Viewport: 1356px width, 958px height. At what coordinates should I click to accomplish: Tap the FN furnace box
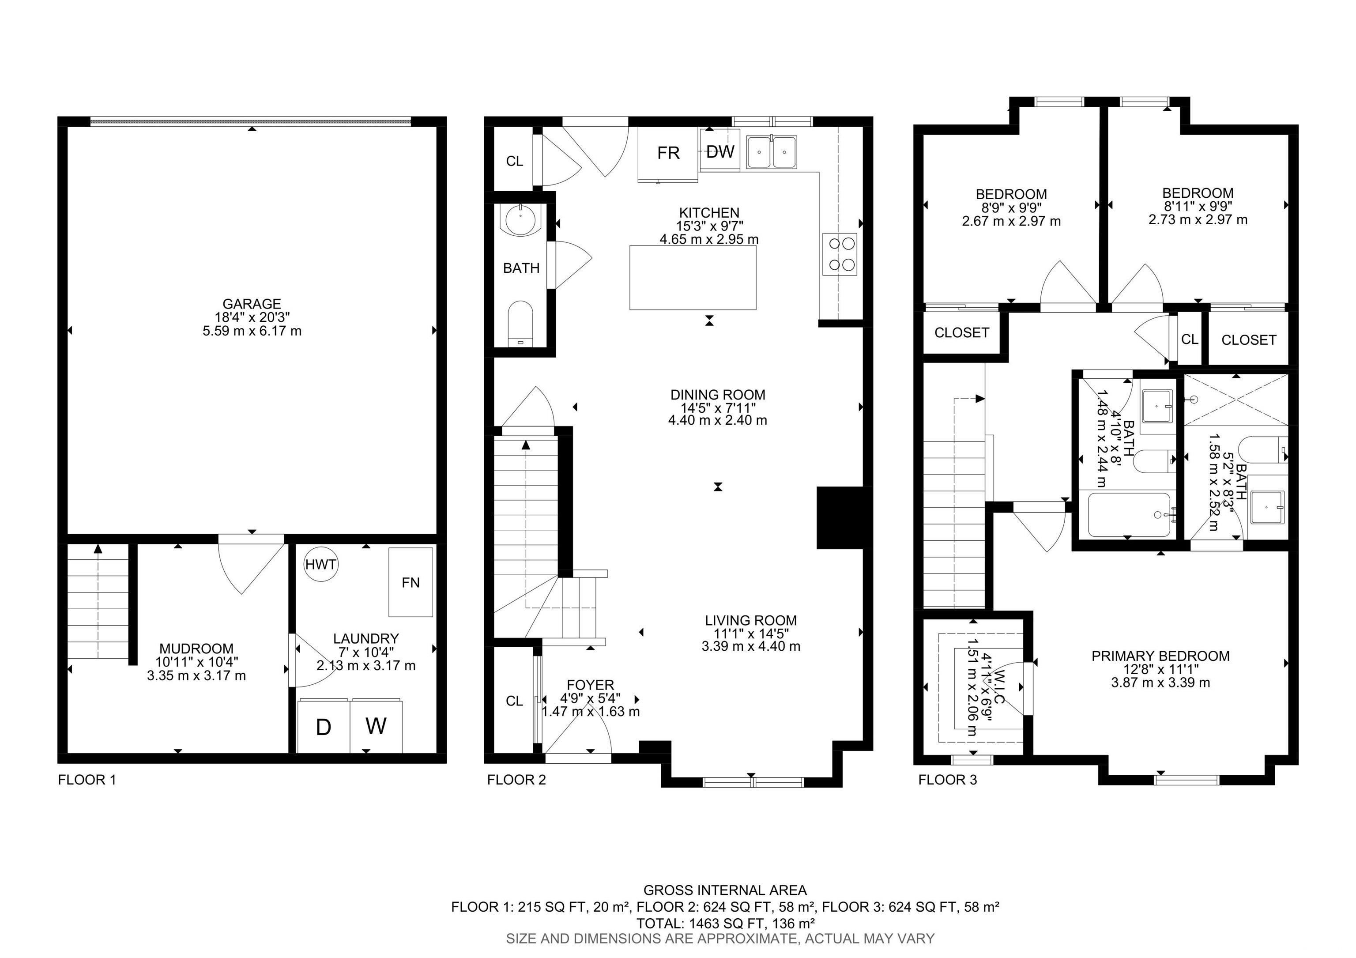411,582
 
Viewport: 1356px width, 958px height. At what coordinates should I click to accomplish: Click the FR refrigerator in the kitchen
668,154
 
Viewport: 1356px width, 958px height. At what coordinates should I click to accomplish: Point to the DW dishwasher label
720,152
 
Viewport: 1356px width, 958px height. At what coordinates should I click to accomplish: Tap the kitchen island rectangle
693,278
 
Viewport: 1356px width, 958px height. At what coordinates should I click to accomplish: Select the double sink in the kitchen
771,152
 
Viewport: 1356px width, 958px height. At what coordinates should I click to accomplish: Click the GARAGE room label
252,304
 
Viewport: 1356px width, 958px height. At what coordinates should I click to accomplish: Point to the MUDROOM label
197,648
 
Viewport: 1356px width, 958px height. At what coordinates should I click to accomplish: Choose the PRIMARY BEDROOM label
1160,656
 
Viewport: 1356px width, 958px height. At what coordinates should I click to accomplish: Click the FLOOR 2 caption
516,780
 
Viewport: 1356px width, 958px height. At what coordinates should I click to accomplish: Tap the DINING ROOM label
718,395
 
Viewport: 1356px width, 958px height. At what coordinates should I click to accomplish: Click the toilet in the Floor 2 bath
520,324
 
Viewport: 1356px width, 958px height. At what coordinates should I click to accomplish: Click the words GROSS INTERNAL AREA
725,890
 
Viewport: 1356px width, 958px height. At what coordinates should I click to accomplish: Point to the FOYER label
590,685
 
